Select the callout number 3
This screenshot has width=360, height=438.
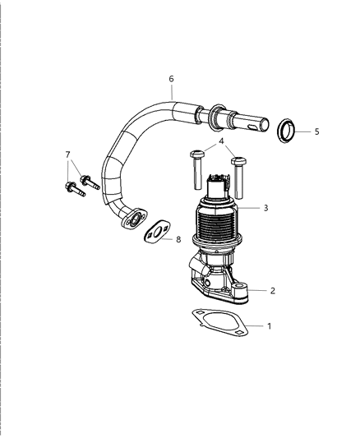click(x=265, y=209)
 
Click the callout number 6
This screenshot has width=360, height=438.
click(x=171, y=79)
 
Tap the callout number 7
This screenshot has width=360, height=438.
click(x=68, y=154)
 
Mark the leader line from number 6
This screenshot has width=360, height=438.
click(x=172, y=92)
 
